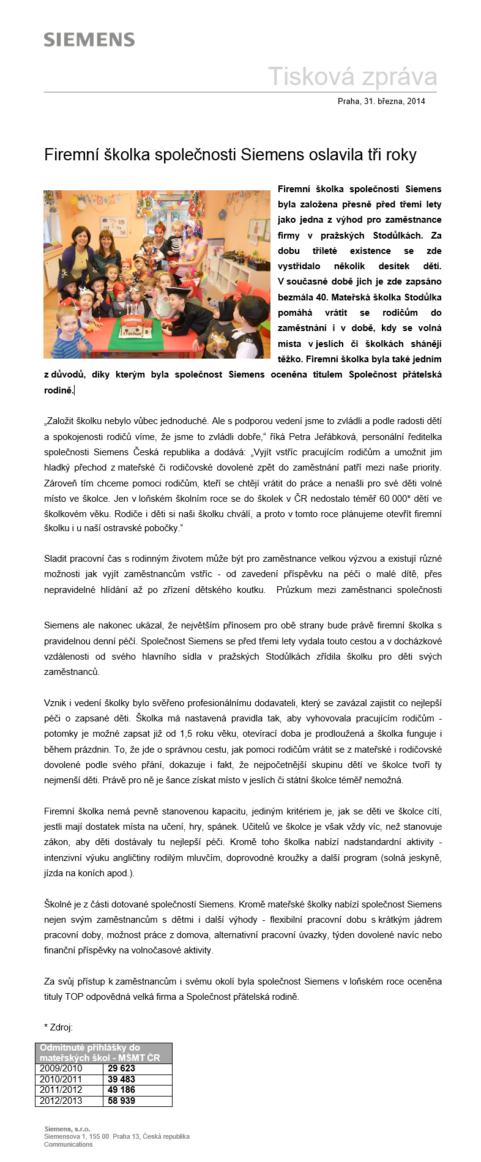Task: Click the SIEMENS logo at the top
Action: click(x=89, y=40)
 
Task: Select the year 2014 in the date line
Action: click(x=416, y=102)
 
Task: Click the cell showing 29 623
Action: click(x=121, y=1068)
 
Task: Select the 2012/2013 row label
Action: click(x=61, y=1101)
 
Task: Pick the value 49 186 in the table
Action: click(x=121, y=1090)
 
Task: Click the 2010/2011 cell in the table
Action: click(x=61, y=1079)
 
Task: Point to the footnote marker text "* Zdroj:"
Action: click(x=58, y=1027)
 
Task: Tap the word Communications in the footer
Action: click(x=68, y=1144)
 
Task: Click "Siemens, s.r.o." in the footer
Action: click(x=67, y=1129)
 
